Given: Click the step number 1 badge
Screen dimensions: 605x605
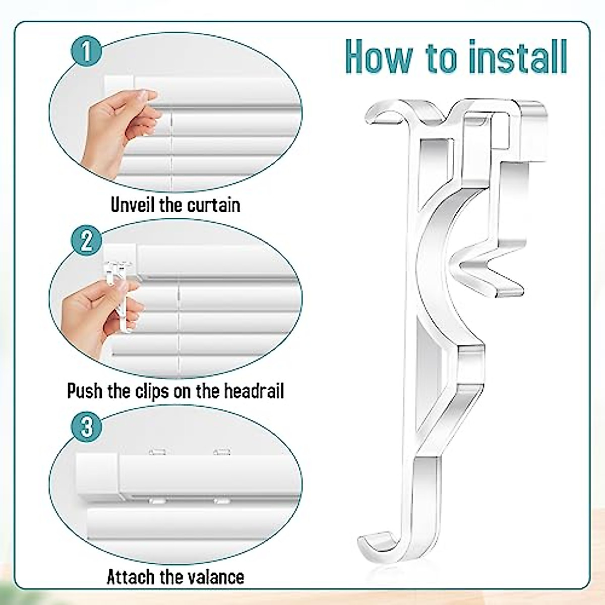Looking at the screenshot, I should tap(87, 52).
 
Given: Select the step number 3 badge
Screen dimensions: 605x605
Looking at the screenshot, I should tap(87, 427).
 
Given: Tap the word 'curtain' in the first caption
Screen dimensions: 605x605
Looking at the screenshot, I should tap(214, 205).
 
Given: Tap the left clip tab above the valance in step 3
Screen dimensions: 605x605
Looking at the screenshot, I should tap(158, 452).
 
